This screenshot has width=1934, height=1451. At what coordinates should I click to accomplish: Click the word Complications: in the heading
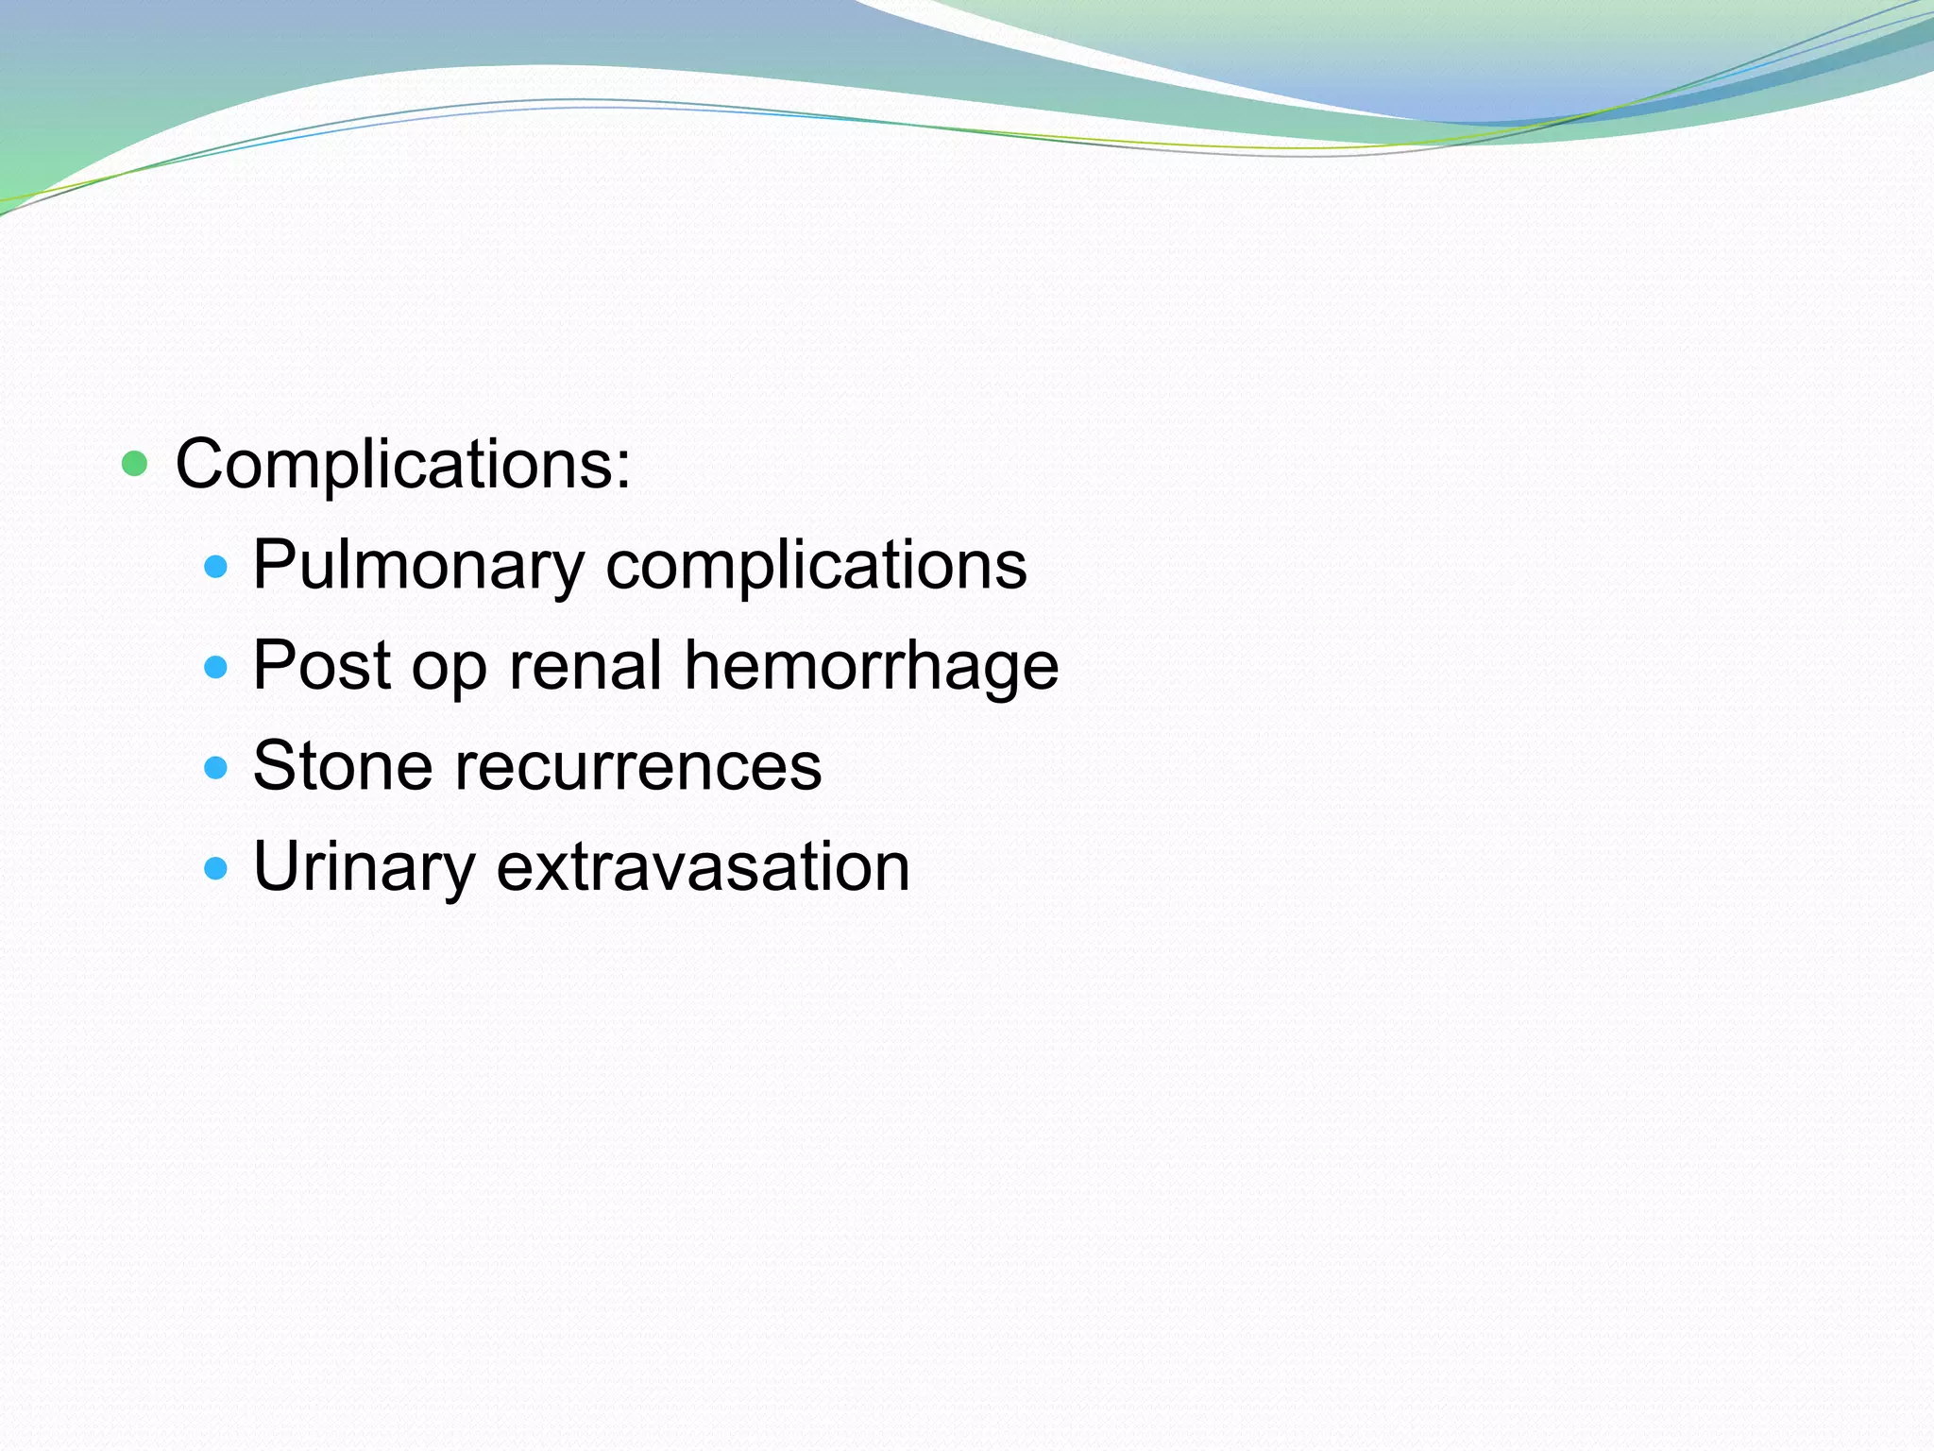402,465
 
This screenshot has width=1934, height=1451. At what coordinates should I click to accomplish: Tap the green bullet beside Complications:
135,464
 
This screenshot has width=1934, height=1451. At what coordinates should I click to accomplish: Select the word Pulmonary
418,566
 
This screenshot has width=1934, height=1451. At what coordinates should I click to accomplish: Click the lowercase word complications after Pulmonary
816,566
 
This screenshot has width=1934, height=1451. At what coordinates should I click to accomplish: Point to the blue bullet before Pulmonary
216,567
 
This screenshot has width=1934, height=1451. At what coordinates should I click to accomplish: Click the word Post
321,665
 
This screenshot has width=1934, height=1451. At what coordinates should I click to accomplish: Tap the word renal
585,665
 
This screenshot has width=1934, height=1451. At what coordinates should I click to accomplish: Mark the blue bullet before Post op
216,668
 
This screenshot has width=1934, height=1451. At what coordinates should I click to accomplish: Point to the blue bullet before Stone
216,768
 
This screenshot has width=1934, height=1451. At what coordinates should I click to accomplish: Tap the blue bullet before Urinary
216,868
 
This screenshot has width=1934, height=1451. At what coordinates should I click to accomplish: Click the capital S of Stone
274,765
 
